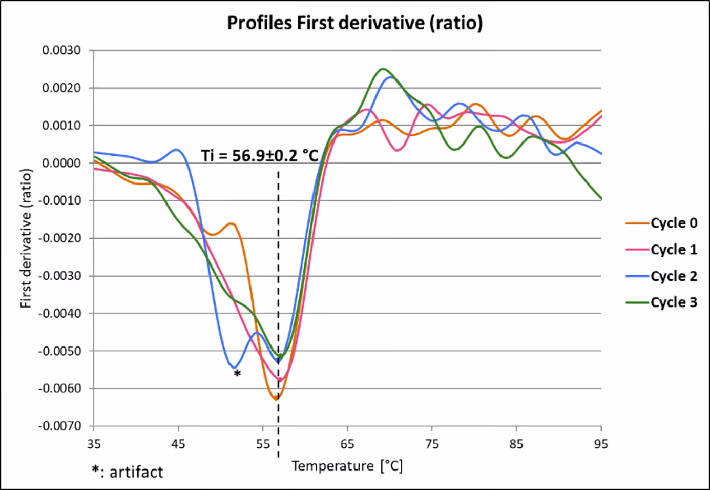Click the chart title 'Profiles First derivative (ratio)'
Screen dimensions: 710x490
(355, 23)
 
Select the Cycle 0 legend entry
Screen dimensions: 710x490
(661, 223)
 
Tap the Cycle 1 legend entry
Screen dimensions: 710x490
(661, 250)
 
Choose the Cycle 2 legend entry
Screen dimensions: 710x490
(661, 276)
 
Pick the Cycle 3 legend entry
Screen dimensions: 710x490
(661, 302)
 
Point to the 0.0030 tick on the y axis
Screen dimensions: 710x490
(61, 50)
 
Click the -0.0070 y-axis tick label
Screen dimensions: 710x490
(59, 426)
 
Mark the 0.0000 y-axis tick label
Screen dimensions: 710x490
(61, 163)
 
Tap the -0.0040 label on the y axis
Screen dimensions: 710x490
(59, 313)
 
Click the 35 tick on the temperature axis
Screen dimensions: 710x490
(94, 444)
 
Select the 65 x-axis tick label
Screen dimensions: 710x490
(347, 444)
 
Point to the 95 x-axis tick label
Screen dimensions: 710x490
(601, 444)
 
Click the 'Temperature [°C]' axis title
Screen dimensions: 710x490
(347, 466)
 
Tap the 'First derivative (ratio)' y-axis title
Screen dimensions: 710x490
(26, 238)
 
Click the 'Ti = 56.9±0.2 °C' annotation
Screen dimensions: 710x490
(260, 156)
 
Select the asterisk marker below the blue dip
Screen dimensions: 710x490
(237, 373)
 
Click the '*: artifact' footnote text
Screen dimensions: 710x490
(128, 472)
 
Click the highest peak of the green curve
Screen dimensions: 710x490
(383, 69)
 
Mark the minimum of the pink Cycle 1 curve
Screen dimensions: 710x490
(280, 380)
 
